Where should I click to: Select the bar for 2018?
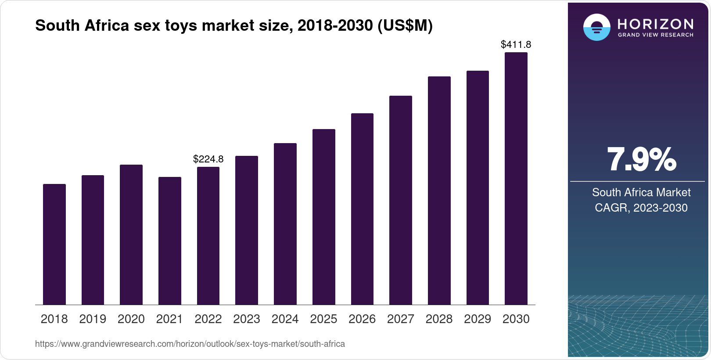click(x=54, y=245)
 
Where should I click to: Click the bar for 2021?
click(x=170, y=241)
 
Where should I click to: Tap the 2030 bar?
click(x=516, y=179)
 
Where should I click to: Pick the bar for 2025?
click(x=324, y=217)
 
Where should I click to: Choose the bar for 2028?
click(x=439, y=191)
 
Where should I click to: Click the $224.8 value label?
click(x=208, y=159)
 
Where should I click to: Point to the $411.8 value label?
click(x=516, y=44)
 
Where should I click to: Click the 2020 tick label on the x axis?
click(x=131, y=319)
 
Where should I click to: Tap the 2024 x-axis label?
click(x=285, y=319)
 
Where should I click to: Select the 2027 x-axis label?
click(x=401, y=319)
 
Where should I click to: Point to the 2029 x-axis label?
click(x=478, y=319)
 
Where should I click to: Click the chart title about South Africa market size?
click(x=234, y=26)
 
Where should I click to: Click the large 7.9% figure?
click(x=642, y=160)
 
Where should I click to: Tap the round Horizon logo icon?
click(x=597, y=27)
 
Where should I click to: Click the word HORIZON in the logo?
click(x=655, y=25)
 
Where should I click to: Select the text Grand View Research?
click(x=655, y=35)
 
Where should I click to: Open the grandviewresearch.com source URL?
click(x=190, y=344)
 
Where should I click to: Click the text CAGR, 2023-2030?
click(x=641, y=208)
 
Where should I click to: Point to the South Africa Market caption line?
click(x=641, y=192)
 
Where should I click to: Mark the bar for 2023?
click(x=247, y=230)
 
